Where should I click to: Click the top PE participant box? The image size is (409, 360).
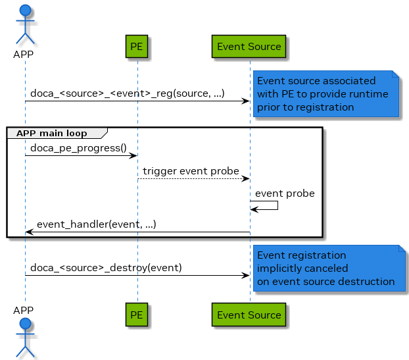[x=137, y=47]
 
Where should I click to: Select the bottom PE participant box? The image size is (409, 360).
[x=137, y=315]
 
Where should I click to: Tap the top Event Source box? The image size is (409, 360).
[x=249, y=47]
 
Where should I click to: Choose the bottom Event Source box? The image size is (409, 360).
[x=249, y=315]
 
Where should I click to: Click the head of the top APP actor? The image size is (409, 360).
[x=25, y=11]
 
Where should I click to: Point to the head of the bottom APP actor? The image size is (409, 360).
[x=25, y=324]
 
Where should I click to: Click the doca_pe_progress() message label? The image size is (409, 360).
[x=78, y=148]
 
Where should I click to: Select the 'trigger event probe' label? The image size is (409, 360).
[x=191, y=171]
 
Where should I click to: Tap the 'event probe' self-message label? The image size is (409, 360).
[x=285, y=193]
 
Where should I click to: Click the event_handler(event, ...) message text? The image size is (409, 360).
[x=96, y=224]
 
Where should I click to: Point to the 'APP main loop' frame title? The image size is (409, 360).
[x=51, y=133]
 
